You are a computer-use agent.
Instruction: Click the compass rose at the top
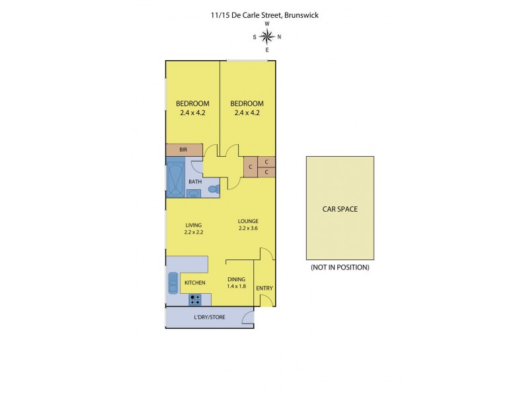click(x=267, y=36)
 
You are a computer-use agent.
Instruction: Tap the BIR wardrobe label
click(x=183, y=150)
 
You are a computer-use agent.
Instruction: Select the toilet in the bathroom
click(x=213, y=189)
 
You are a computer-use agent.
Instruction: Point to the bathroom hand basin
click(x=194, y=193)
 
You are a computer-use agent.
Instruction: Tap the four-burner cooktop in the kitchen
click(x=195, y=300)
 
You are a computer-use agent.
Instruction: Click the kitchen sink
click(x=173, y=283)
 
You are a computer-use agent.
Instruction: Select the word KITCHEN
click(x=194, y=283)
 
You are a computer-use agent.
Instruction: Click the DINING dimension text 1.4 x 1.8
click(x=236, y=286)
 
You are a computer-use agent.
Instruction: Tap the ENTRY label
click(x=264, y=288)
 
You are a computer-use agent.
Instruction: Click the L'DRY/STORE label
click(x=209, y=318)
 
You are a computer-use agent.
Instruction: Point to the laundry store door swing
click(x=247, y=319)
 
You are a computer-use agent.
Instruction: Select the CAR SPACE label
click(x=340, y=209)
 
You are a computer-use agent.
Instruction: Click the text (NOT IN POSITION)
click(x=340, y=268)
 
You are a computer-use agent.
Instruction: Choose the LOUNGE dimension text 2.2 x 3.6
click(x=248, y=229)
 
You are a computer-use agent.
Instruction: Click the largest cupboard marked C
click(x=250, y=167)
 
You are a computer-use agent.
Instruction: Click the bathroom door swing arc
click(x=196, y=168)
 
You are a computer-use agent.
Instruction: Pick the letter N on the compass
click(x=279, y=37)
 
